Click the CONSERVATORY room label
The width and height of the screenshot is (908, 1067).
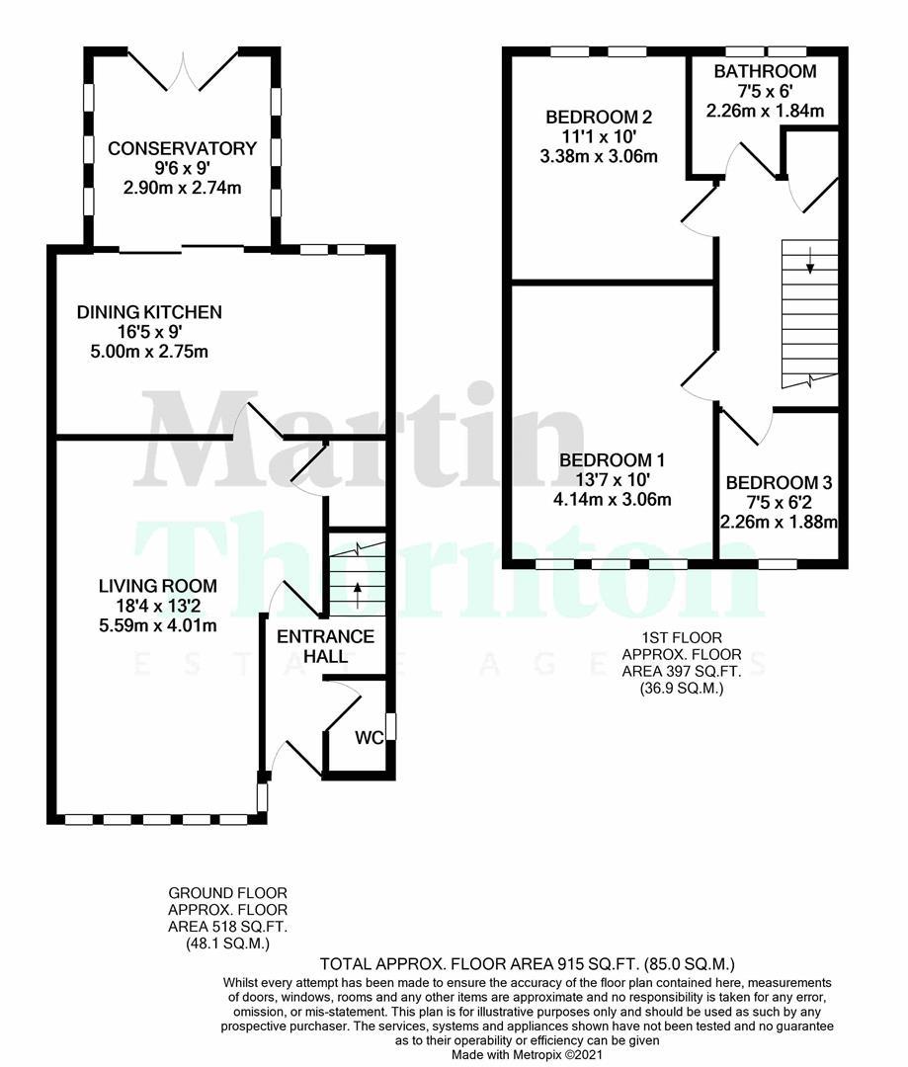pos(182,148)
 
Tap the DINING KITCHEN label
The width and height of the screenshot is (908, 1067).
pos(149,312)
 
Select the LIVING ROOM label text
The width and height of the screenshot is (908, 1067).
pos(157,586)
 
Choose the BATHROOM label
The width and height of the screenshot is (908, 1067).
pos(765,71)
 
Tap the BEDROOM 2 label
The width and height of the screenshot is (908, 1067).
pos(599,117)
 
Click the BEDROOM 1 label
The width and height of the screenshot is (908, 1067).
pos(612,459)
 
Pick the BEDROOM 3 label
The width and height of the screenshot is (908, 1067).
pos(780,483)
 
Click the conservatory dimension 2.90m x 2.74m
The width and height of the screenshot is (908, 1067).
pos(182,188)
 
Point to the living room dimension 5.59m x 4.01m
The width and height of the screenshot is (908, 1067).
pos(157,624)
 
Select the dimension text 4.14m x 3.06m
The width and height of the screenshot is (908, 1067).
pos(612,499)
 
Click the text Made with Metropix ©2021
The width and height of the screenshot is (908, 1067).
pos(529,1054)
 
